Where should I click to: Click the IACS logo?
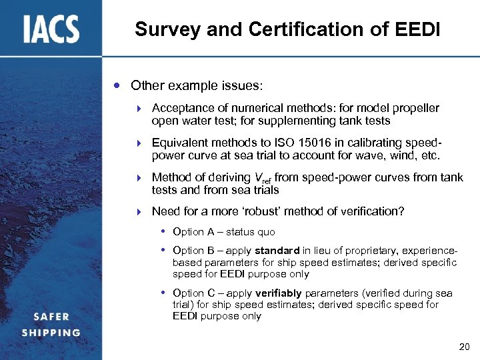tap(51, 29)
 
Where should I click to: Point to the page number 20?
tap(465, 347)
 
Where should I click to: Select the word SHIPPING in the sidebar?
tap(51, 332)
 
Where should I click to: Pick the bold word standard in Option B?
tap(277, 251)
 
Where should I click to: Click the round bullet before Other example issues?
tap(117, 85)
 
